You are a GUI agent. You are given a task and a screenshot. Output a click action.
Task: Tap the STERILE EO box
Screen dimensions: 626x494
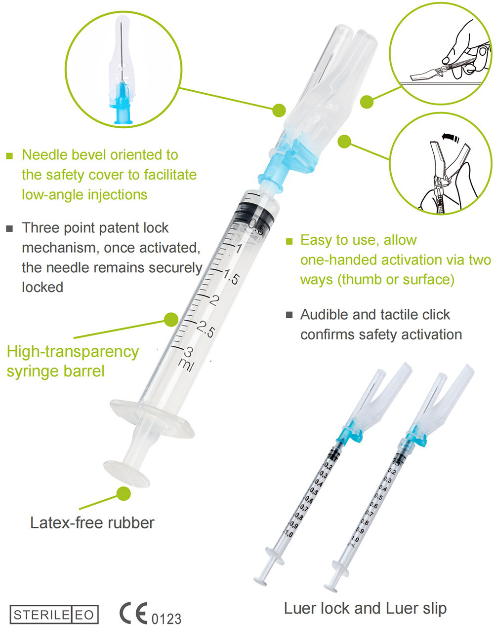(54, 615)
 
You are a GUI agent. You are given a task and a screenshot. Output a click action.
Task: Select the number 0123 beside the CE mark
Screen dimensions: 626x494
(166, 618)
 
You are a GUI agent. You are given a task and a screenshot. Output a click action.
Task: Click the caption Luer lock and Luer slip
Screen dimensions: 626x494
(365, 608)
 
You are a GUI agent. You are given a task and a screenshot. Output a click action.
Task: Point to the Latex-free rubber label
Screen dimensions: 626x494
(92, 522)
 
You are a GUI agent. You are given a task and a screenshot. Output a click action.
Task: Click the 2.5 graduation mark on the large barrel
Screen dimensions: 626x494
(204, 329)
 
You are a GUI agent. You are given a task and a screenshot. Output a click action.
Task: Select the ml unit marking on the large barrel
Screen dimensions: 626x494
(186, 365)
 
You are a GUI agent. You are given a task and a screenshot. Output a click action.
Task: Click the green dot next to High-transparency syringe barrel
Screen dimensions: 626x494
(171, 319)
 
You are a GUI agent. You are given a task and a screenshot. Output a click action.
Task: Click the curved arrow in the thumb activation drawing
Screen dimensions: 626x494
(449, 136)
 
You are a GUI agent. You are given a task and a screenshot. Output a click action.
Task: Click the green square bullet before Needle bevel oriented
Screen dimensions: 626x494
(9, 156)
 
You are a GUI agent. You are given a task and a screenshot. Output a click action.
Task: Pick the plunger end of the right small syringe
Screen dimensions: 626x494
(331, 586)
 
